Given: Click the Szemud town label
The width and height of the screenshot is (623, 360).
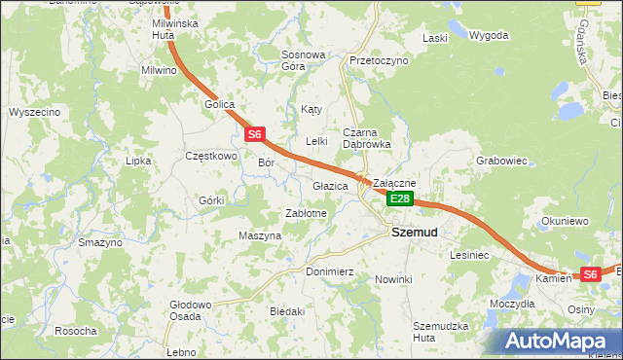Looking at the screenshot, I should [414, 233].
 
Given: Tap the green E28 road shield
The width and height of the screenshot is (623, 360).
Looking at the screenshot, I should [400, 198].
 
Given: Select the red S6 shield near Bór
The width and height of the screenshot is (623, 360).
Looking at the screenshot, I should [254, 134].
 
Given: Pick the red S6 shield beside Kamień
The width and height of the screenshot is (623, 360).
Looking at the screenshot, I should [590, 275].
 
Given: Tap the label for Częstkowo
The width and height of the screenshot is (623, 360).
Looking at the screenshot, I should [211, 156].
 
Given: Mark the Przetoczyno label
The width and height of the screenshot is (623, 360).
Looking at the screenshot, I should [379, 60].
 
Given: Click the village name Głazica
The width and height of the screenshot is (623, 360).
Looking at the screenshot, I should [331, 186].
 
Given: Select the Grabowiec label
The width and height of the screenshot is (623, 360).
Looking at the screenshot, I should [501, 161].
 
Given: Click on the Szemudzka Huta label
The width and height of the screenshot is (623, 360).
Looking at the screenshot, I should [440, 331].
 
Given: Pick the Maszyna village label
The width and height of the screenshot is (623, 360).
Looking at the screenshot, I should [260, 235].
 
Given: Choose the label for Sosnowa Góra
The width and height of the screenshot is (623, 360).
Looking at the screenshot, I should [303, 60].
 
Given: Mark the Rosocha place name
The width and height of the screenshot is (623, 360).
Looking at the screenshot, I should [75, 331].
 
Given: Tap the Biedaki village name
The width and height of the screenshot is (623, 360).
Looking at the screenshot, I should [288, 311].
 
